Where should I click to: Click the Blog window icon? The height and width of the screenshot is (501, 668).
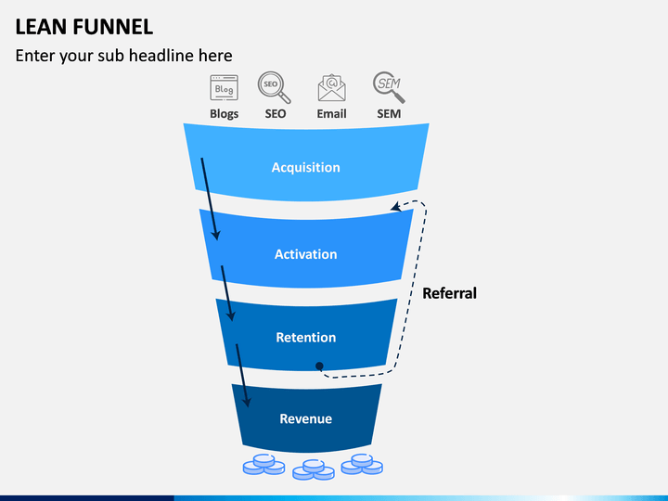tap(225, 88)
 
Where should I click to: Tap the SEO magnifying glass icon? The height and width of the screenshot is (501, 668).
tap(275, 87)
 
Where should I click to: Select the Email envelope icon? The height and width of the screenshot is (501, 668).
tap(332, 88)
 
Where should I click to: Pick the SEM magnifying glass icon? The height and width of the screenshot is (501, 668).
tap(389, 87)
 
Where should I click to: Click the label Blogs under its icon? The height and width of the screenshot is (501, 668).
tap(225, 114)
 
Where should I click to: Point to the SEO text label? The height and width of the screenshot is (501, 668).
tap(276, 114)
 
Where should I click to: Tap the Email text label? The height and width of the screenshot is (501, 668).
tap(331, 114)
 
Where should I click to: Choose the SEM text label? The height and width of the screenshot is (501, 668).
tap(389, 114)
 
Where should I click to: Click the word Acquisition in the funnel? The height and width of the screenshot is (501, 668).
tap(306, 167)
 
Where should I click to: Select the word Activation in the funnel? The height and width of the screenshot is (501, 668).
tap(306, 254)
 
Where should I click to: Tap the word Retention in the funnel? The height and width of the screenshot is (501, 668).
tap(306, 338)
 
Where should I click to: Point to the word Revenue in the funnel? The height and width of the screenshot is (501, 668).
tap(306, 418)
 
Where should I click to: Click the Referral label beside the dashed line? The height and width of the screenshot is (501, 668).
tap(449, 293)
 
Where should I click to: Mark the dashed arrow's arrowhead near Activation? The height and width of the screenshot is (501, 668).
tap(396, 207)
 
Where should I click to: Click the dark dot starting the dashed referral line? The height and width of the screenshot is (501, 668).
tap(319, 366)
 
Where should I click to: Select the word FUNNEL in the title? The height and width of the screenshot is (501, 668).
tap(113, 27)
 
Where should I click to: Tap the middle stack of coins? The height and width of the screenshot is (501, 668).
tap(314, 469)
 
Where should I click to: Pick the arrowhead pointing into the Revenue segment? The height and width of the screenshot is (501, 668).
tap(246, 402)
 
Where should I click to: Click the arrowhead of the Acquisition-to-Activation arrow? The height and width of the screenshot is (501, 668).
tap(216, 235)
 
